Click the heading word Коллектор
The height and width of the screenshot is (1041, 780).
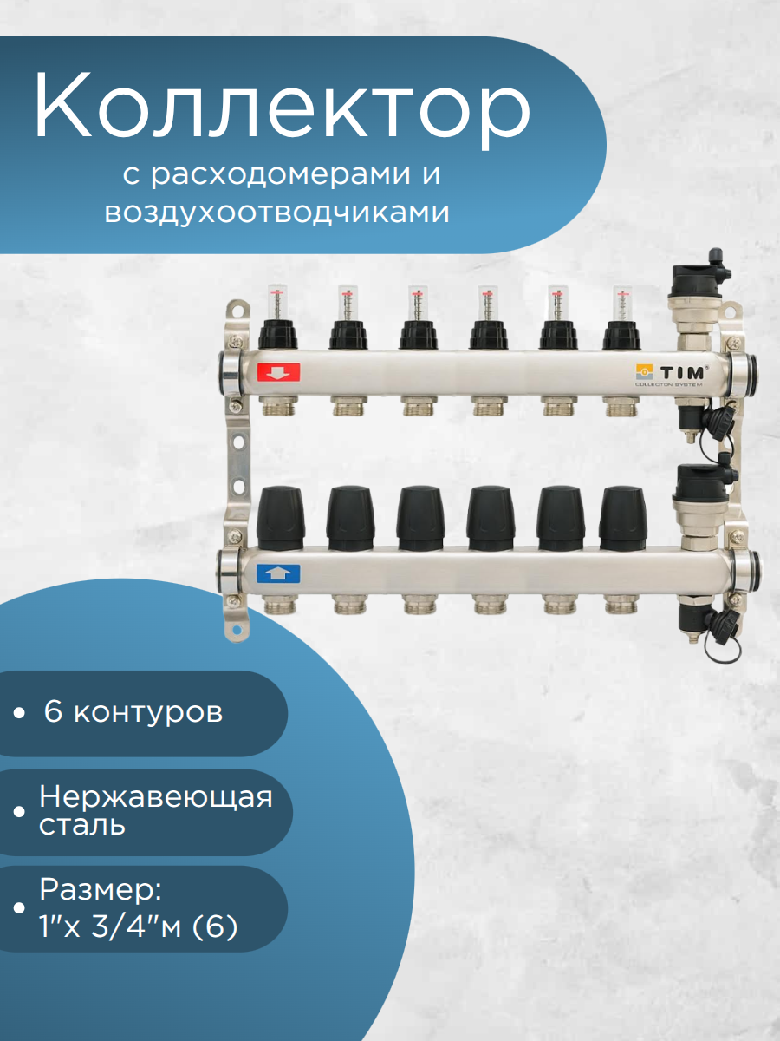pyautogui.click(x=282, y=108)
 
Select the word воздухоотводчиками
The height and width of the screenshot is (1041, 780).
pyautogui.click(x=277, y=213)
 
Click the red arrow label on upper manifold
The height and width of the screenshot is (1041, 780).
pyautogui.click(x=278, y=373)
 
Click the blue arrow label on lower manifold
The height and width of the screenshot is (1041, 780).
pyautogui.click(x=278, y=573)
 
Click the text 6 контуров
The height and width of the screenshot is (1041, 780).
pyautogui.click(x=132, y=713)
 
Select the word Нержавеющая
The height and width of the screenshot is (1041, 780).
pyautogui.click(x=156, y=796)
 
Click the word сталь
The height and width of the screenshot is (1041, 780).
pyautogui.click(x=82, y=824)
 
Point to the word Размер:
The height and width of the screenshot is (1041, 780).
pyautogui.click(x=100, y=891)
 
